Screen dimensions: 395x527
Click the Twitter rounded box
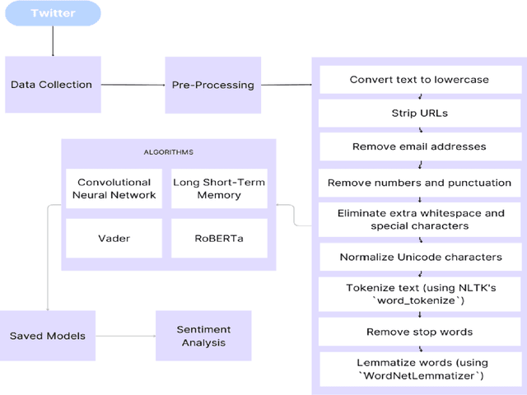(53, 14)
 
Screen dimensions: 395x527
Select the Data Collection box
(51, 84)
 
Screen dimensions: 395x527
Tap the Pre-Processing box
(212, 84)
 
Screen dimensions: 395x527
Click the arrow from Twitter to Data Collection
(53, 41)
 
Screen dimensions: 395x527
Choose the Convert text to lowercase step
(420, 80)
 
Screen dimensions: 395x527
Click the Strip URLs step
(420, 112)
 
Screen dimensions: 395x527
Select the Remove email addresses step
(420, 146)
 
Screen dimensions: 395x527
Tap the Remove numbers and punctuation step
(420, 183)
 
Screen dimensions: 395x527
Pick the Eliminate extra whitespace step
(420, 219)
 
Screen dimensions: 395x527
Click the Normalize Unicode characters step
(420, 257)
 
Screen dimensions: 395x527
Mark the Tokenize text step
(420, 294)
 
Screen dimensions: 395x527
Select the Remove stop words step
(420, 332)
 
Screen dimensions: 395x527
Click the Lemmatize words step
(420, 369)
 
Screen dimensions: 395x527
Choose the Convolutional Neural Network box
(114, 188)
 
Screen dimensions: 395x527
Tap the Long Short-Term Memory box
(219, 188)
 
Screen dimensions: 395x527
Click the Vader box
(114, 237)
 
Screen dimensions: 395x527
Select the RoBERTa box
(219, 237)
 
